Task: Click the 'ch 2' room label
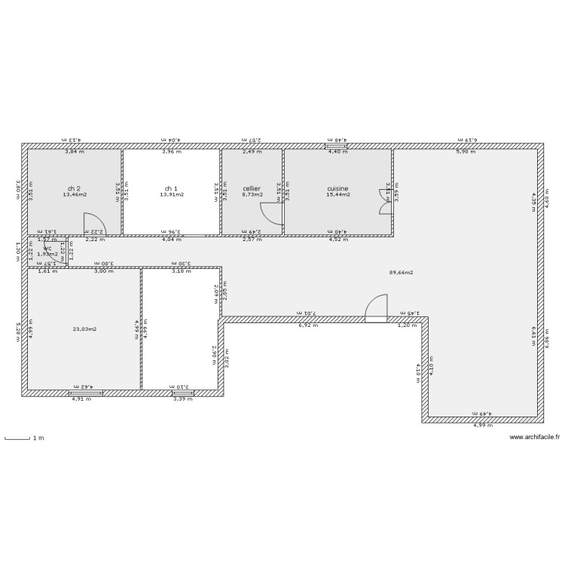coord(74,188)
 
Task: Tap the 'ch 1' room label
coord(172,188)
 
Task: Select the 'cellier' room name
coord(252,188)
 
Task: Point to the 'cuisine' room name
coord(337,188)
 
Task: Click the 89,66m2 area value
coord(401,273)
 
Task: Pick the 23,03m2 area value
coord(84,328)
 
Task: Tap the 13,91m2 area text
coord(172,195)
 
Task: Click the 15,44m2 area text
coord(337,195)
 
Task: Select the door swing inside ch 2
coord(95,224)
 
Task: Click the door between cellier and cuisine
coord(271,214)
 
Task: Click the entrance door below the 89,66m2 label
coord(375,309)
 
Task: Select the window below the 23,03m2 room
coord(80,393)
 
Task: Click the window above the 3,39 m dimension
coord(182,393)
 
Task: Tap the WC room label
coord(47,249)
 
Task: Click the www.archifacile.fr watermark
coord(535,437)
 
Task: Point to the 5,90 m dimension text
coord(466,152)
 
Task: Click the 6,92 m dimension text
coord(308,325)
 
